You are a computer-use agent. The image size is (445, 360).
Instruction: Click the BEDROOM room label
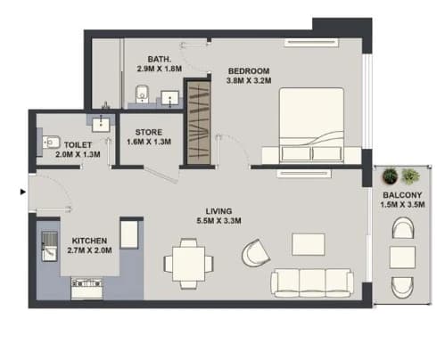[249, 71]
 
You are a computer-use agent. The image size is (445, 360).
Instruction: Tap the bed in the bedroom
[311, 126]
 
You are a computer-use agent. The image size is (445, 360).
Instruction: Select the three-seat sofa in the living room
[312, 282]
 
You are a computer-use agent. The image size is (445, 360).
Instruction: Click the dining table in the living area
[188, 264]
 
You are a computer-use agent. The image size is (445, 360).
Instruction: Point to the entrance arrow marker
[23, 192]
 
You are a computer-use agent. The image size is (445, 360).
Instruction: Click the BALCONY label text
[402, 195]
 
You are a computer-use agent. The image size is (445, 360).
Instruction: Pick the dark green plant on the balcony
[390, 176]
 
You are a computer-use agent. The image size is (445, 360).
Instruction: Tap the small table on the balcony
[402, 258]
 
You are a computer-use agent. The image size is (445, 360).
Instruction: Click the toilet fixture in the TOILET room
[51, 143]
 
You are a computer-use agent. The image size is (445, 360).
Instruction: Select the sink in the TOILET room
[101, 124]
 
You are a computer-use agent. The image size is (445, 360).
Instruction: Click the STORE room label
[149, 132]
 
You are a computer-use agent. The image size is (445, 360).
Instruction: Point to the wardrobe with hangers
[199, 123]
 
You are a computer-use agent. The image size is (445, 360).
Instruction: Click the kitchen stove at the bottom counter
[87, 288]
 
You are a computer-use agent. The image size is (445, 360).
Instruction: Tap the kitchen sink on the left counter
[49, 246]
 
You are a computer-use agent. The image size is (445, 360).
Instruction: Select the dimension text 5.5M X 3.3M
[218, 221]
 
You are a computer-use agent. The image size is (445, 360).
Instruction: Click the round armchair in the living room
[255, 253]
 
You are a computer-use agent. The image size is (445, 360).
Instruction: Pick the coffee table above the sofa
[308, 244]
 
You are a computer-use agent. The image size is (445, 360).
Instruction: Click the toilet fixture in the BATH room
[142, 94]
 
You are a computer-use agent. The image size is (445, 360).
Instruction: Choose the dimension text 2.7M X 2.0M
[89, 250]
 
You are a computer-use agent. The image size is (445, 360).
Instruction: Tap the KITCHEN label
[89, 241]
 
